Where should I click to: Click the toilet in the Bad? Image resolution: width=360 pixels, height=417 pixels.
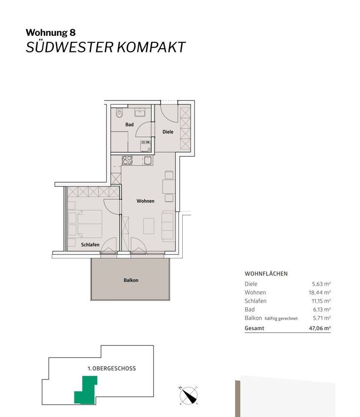coord(119,113)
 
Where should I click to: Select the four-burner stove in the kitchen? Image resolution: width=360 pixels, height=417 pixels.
coord(127,160)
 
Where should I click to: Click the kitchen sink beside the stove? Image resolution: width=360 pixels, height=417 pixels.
coord(148,161)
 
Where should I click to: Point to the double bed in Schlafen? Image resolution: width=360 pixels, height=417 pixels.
coord(89,224)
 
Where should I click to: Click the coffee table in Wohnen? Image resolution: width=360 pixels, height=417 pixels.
coord(149,226)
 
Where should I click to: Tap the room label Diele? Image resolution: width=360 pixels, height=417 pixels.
coord(168,131)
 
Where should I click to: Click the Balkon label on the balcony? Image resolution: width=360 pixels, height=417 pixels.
coord(131,280)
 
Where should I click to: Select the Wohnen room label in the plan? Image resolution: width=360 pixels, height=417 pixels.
coord(145,201)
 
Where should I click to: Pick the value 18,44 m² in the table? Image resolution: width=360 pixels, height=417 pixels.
coord(320,293)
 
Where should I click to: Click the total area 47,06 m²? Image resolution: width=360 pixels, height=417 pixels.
coord(320,328)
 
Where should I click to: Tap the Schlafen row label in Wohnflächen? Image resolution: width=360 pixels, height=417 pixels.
coord(255,301)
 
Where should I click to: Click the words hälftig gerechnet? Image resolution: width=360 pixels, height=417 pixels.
coord(281,318)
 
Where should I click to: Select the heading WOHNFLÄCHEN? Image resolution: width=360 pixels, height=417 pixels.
coord(266,274)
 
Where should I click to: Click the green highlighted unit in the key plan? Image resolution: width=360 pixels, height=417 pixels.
coord(86,389)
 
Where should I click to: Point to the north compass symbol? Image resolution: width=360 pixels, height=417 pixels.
coord(189,395)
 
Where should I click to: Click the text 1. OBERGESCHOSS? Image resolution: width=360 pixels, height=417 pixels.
coord(111,368)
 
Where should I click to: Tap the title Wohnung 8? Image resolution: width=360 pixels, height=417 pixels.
coord(50,33)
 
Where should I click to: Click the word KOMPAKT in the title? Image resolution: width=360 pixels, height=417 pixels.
coord(151,47)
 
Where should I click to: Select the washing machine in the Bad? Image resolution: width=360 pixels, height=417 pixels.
coord(146,146)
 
